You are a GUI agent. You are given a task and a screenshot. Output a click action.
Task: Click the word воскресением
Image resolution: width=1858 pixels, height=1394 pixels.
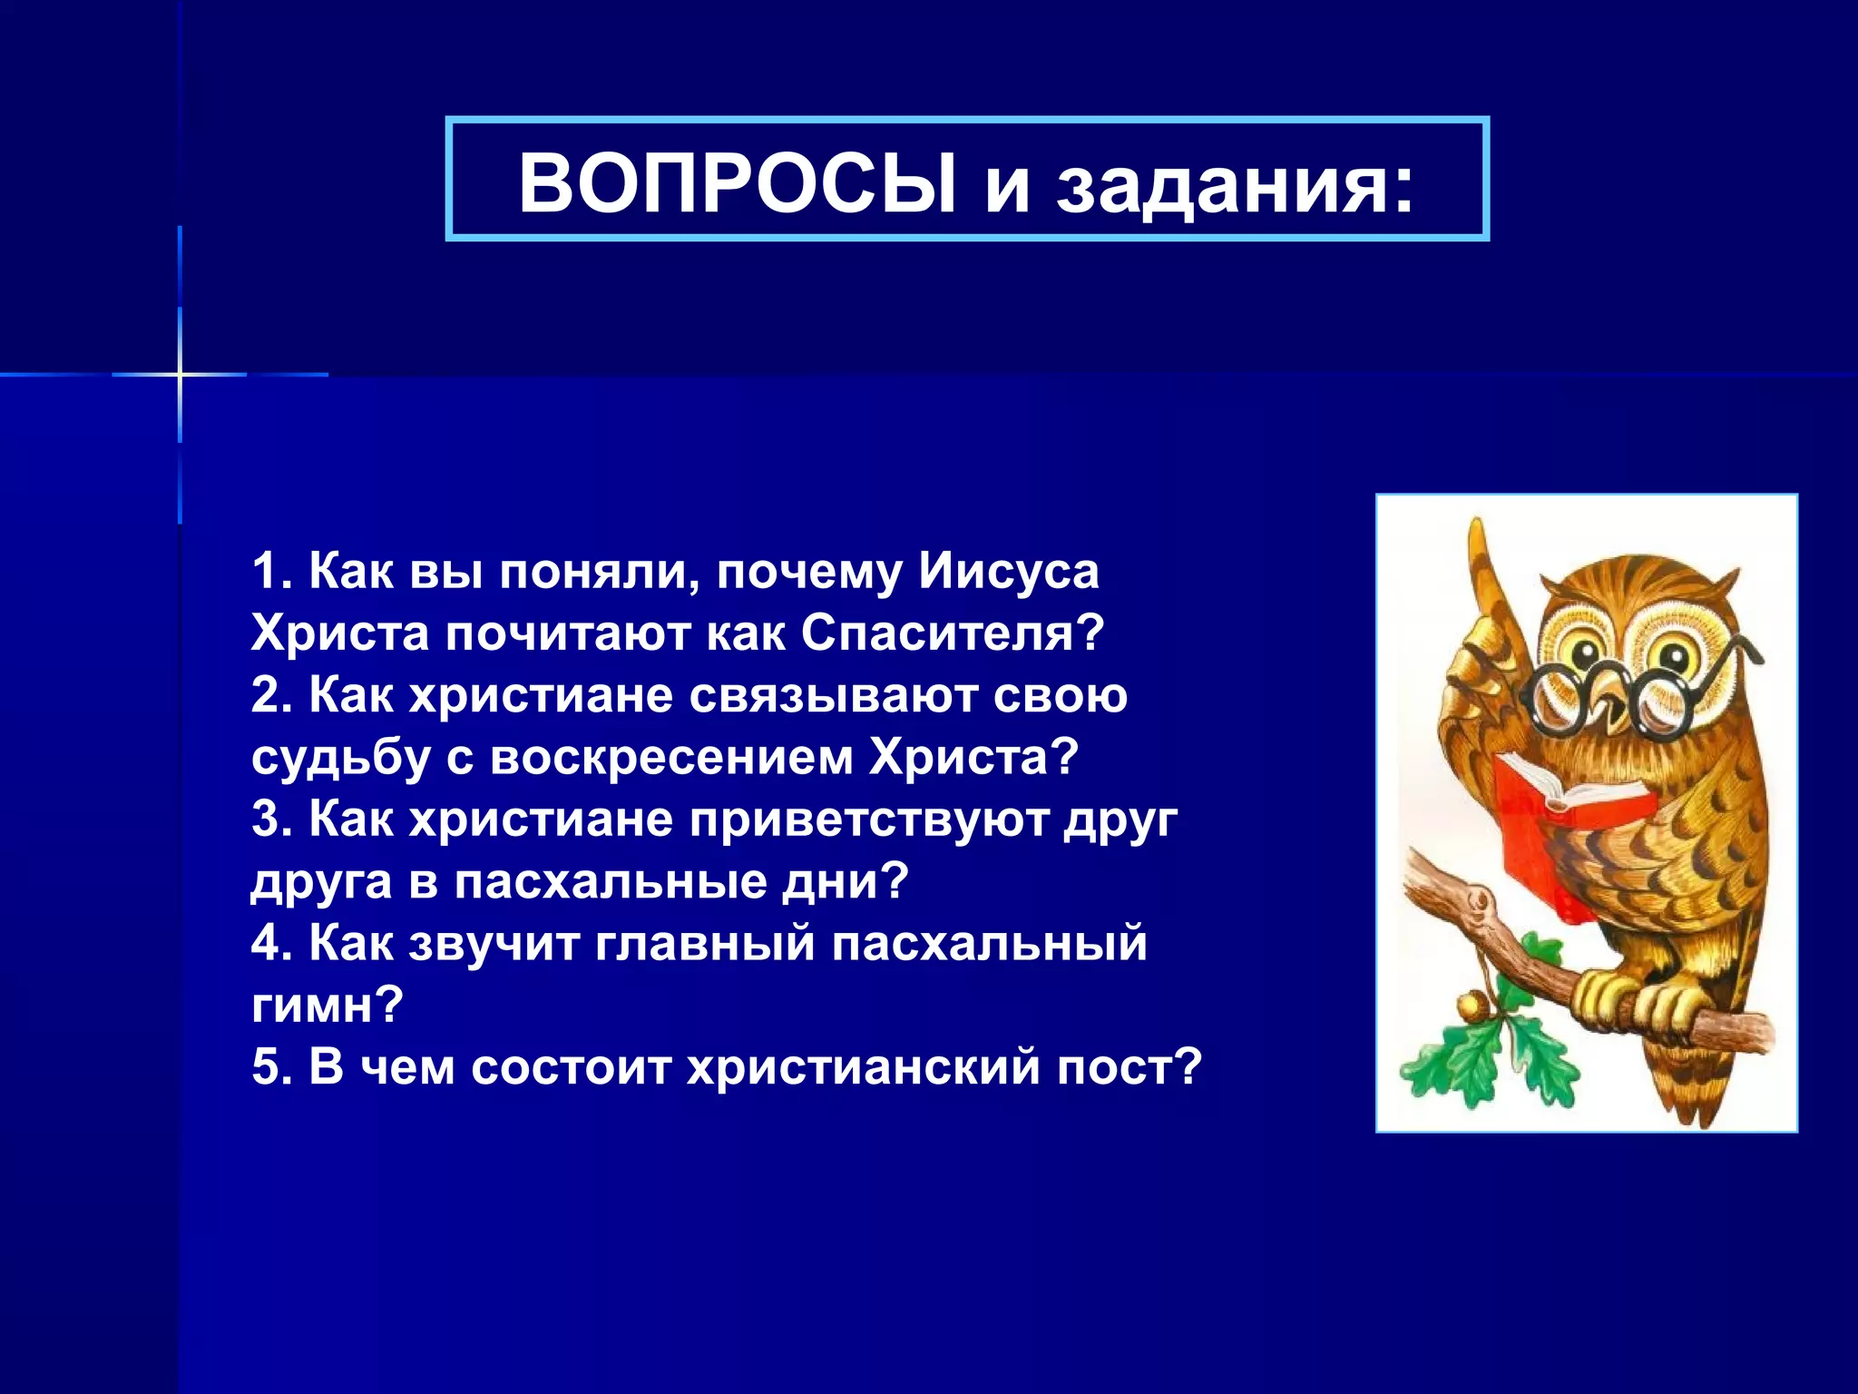(671, 758)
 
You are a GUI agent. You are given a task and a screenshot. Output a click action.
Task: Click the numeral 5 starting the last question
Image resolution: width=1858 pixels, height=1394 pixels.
(269, 1067)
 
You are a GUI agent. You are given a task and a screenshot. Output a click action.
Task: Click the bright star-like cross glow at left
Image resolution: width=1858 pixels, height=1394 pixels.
(180, 374)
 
